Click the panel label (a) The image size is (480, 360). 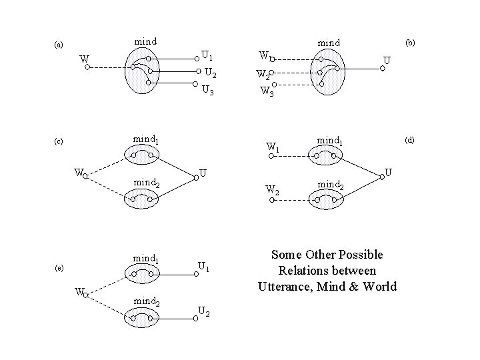pyautogui.click(x=59, y=45)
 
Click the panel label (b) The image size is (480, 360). pyautogui.click(x=410, y=42)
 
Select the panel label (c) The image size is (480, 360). pyautogui.click(x=59, y=141)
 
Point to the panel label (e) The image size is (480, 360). pyautogui.click(x=59, y=268)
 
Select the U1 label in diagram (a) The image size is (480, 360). pyautogui.click(x=207, y=55)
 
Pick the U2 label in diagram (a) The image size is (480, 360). pyautogui.click(x=209, y=72)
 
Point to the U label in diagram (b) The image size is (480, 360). pyautogui.click(x=386, y=61)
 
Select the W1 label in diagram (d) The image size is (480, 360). pyautogui.click(x=272, y=145)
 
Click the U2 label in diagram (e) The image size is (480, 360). pyautogui.click(x=205, y=311)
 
